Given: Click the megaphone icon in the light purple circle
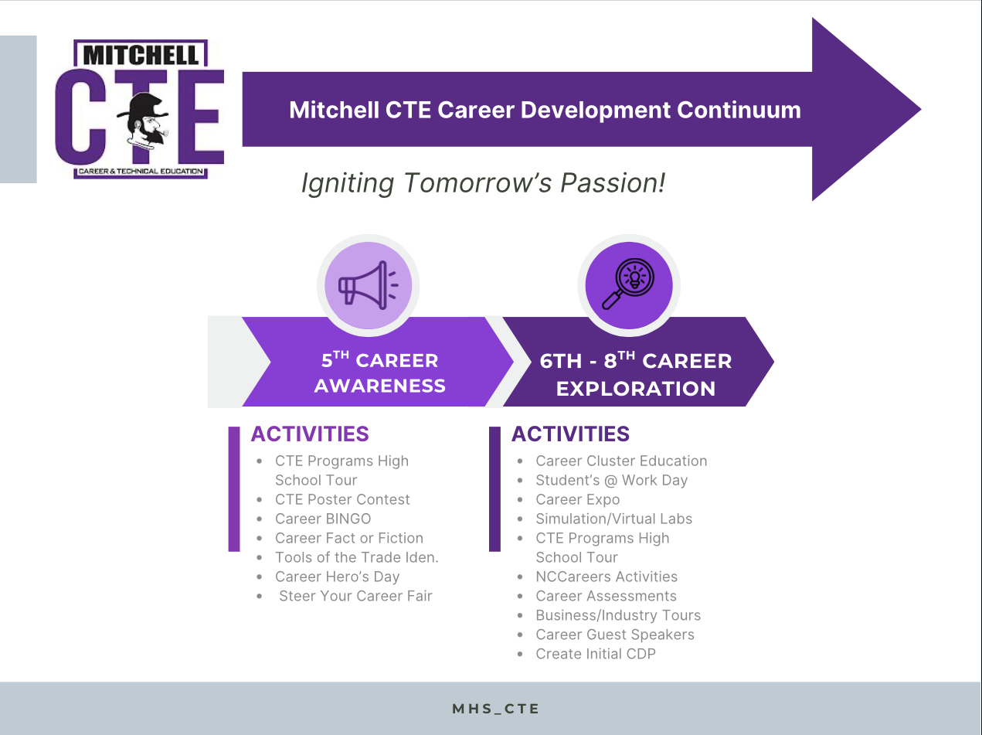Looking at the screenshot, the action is (368, 285).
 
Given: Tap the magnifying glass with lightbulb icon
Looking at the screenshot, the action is (628, 284).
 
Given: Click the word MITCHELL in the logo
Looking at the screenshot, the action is (141, 56).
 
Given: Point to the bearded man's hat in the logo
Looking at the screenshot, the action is (143, 106).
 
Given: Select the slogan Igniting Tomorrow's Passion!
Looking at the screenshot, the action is (483, 183).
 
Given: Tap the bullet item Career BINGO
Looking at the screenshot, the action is (323, 519).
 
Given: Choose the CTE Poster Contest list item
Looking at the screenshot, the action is (342, 499).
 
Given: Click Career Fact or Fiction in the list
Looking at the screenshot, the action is (349, 538).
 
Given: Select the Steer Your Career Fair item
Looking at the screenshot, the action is (355, 596).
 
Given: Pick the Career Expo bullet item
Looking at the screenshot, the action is (578, 499).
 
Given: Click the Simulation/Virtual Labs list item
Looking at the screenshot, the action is (613, 519).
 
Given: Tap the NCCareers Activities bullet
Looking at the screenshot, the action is (607, 577).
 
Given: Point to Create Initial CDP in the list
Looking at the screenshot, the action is (596, 654).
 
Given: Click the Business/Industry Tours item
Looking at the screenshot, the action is (618, 615).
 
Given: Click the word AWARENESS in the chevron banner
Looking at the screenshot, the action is (380, 386).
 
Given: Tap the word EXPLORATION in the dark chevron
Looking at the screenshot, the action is (636, 388).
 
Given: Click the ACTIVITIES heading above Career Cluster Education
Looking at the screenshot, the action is (570, 434).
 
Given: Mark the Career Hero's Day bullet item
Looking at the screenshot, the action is (338, 577).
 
